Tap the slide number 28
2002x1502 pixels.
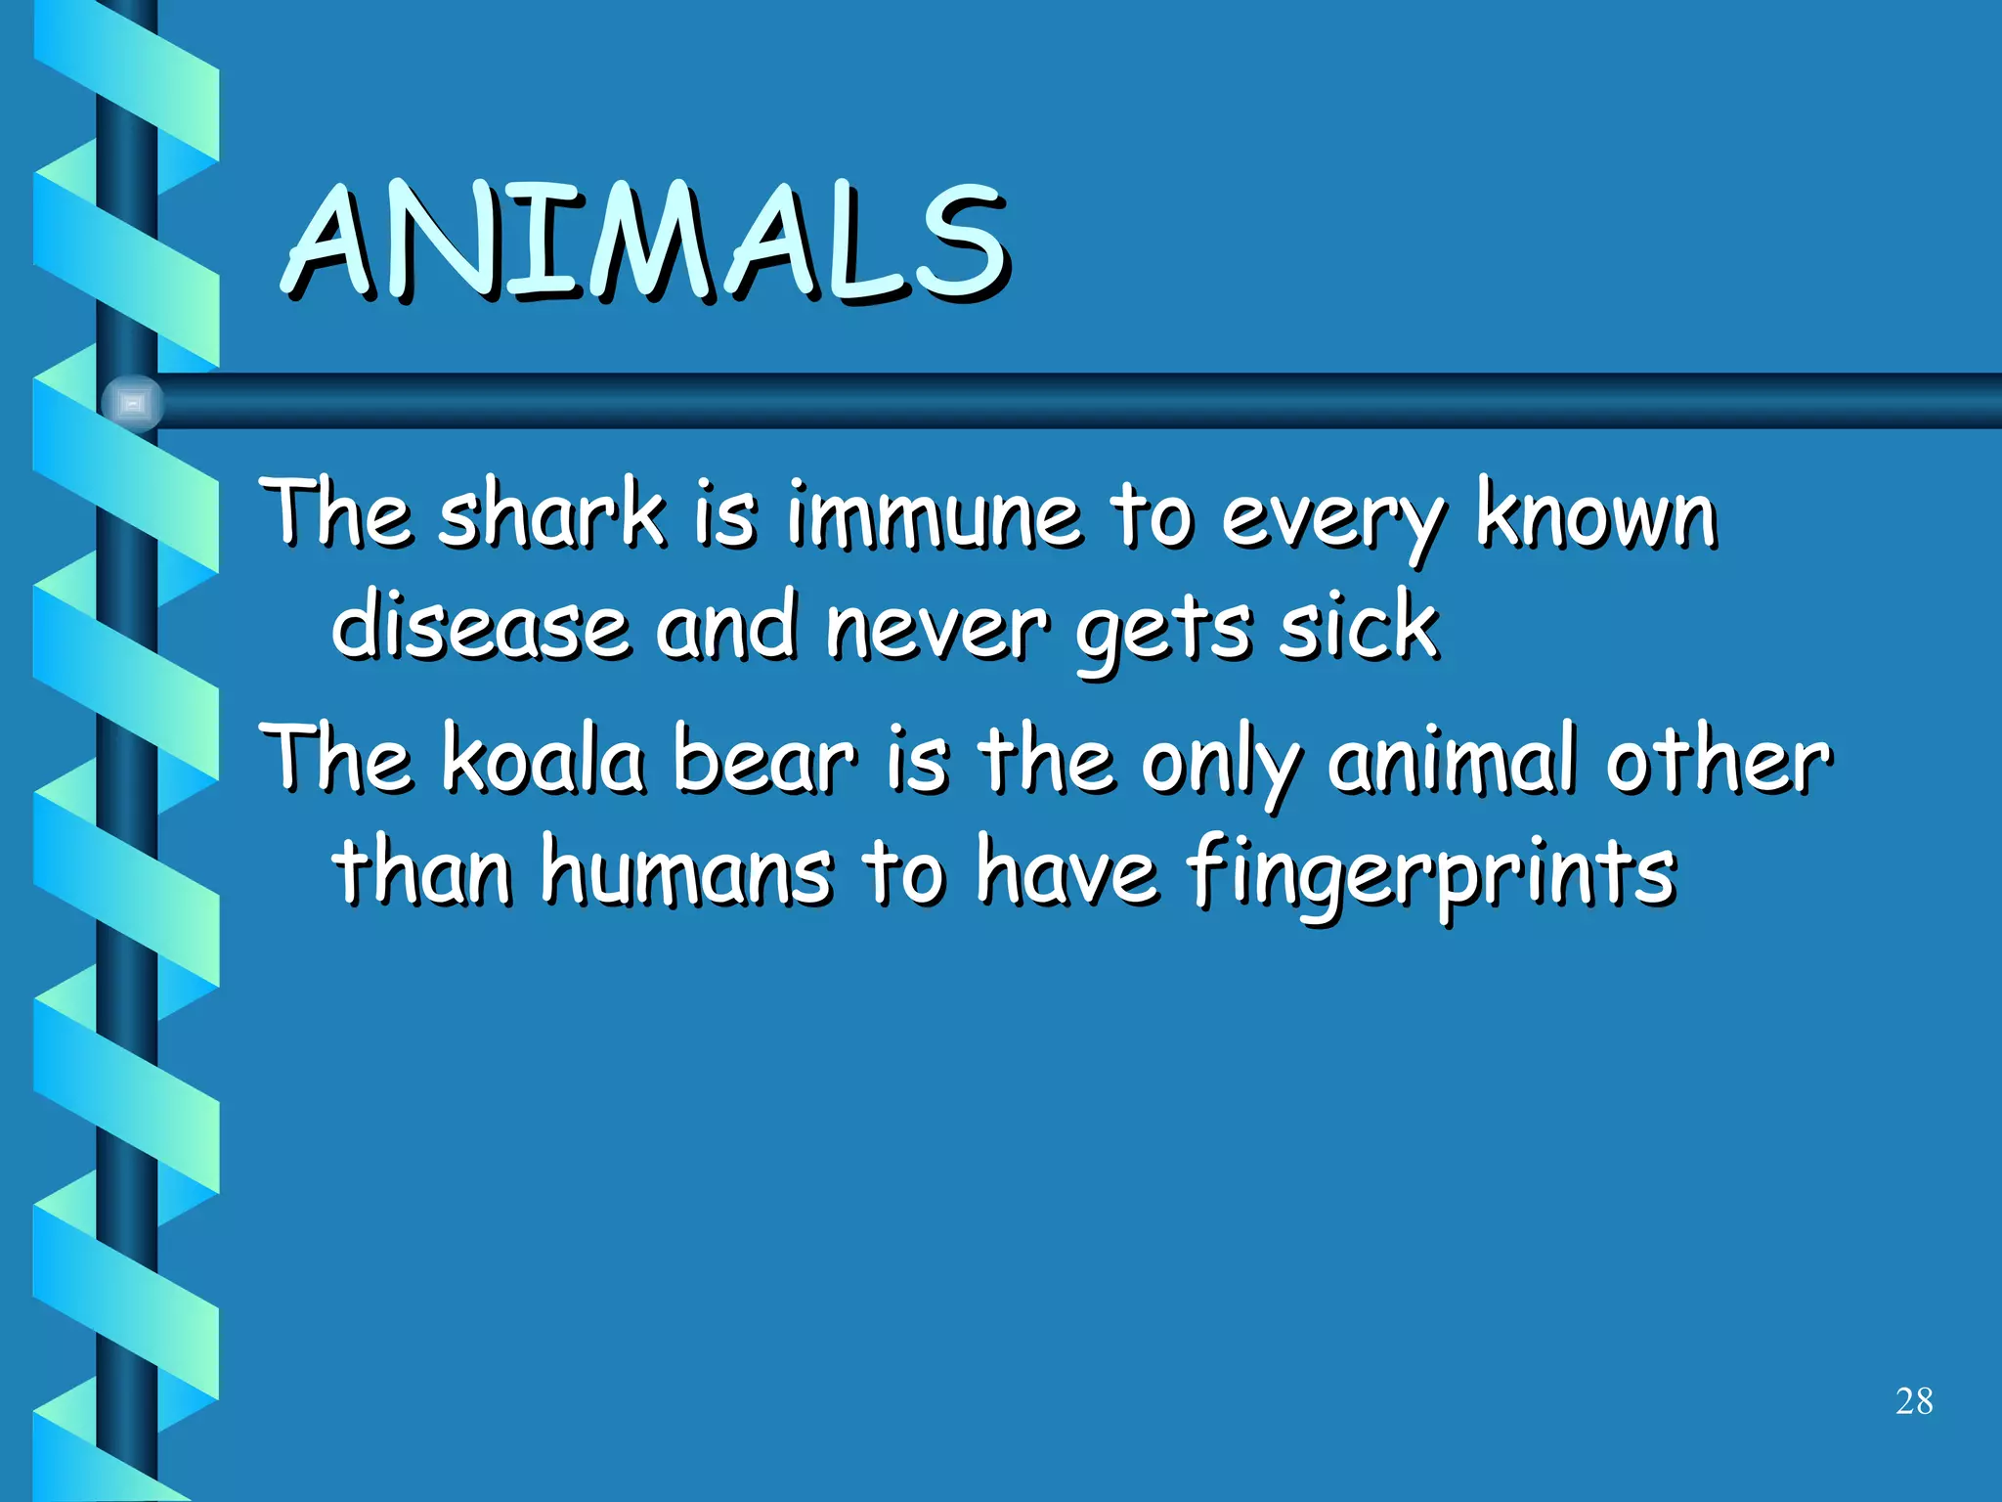coord(1913,1401)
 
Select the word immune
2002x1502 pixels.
coord(934,515)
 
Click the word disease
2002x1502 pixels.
coord(480,625)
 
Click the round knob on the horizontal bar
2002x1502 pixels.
coord(132,403)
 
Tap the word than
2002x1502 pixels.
coord(422,870)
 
